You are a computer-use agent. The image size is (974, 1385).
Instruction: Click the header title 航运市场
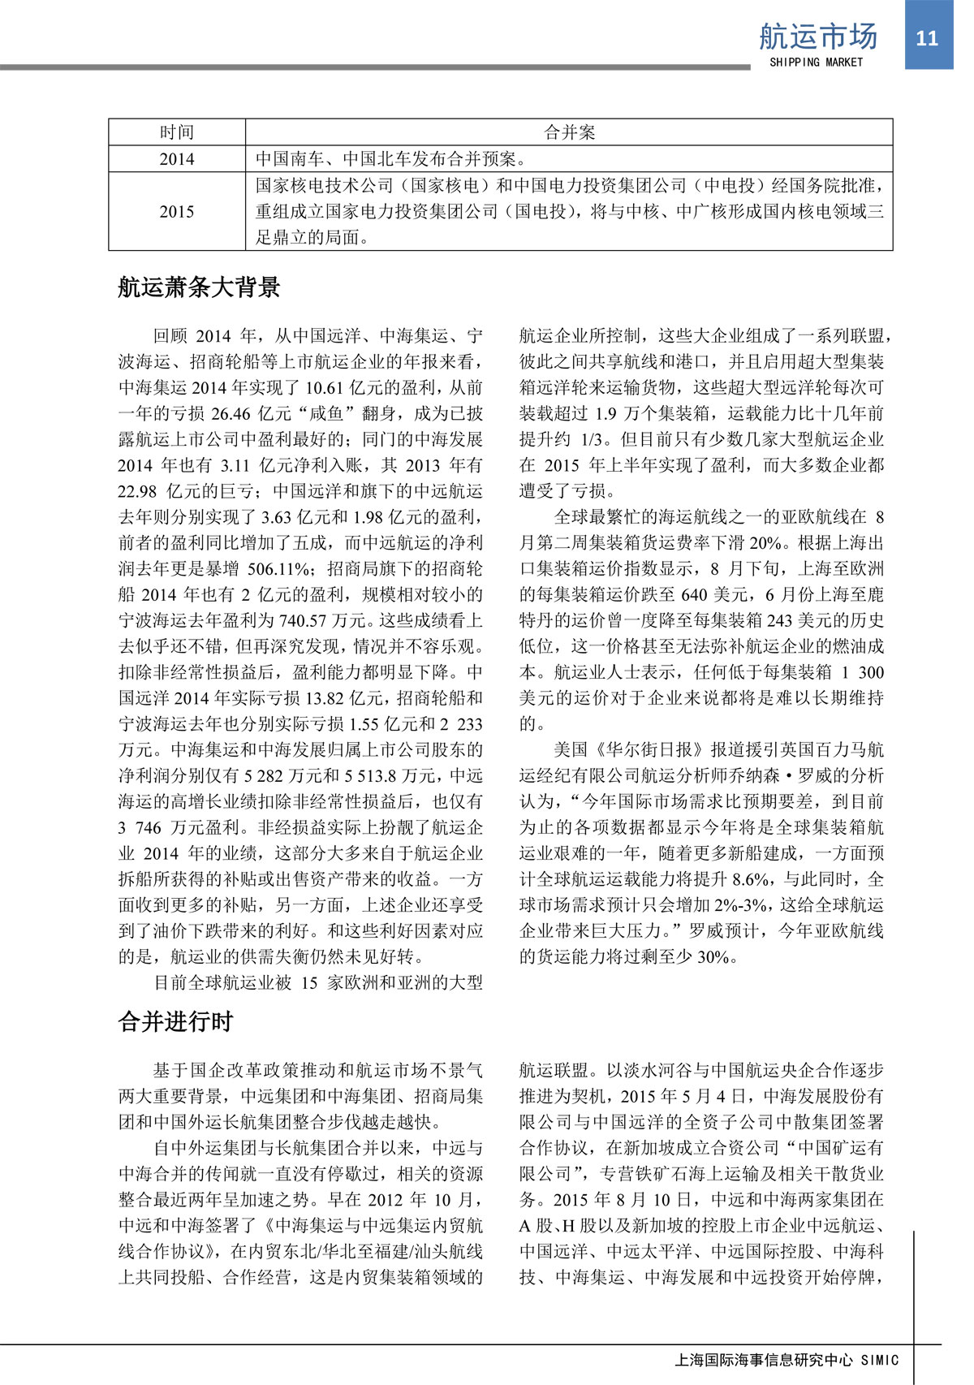click(817, 37)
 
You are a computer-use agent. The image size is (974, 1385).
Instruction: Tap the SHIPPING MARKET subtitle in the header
click(816, 63)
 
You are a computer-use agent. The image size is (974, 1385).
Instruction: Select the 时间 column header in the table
click(177, 132)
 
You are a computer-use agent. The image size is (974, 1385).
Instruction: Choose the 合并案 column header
click(569, 132)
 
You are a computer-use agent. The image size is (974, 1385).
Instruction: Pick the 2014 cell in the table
click(177, 159)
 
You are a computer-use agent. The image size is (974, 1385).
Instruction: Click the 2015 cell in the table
click(177, 211)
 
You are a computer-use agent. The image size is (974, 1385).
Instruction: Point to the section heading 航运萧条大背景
click(199, 287)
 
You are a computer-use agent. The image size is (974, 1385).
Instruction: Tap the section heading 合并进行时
click(176, 1021)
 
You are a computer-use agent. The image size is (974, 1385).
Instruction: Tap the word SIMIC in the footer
click(880, 1360)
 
